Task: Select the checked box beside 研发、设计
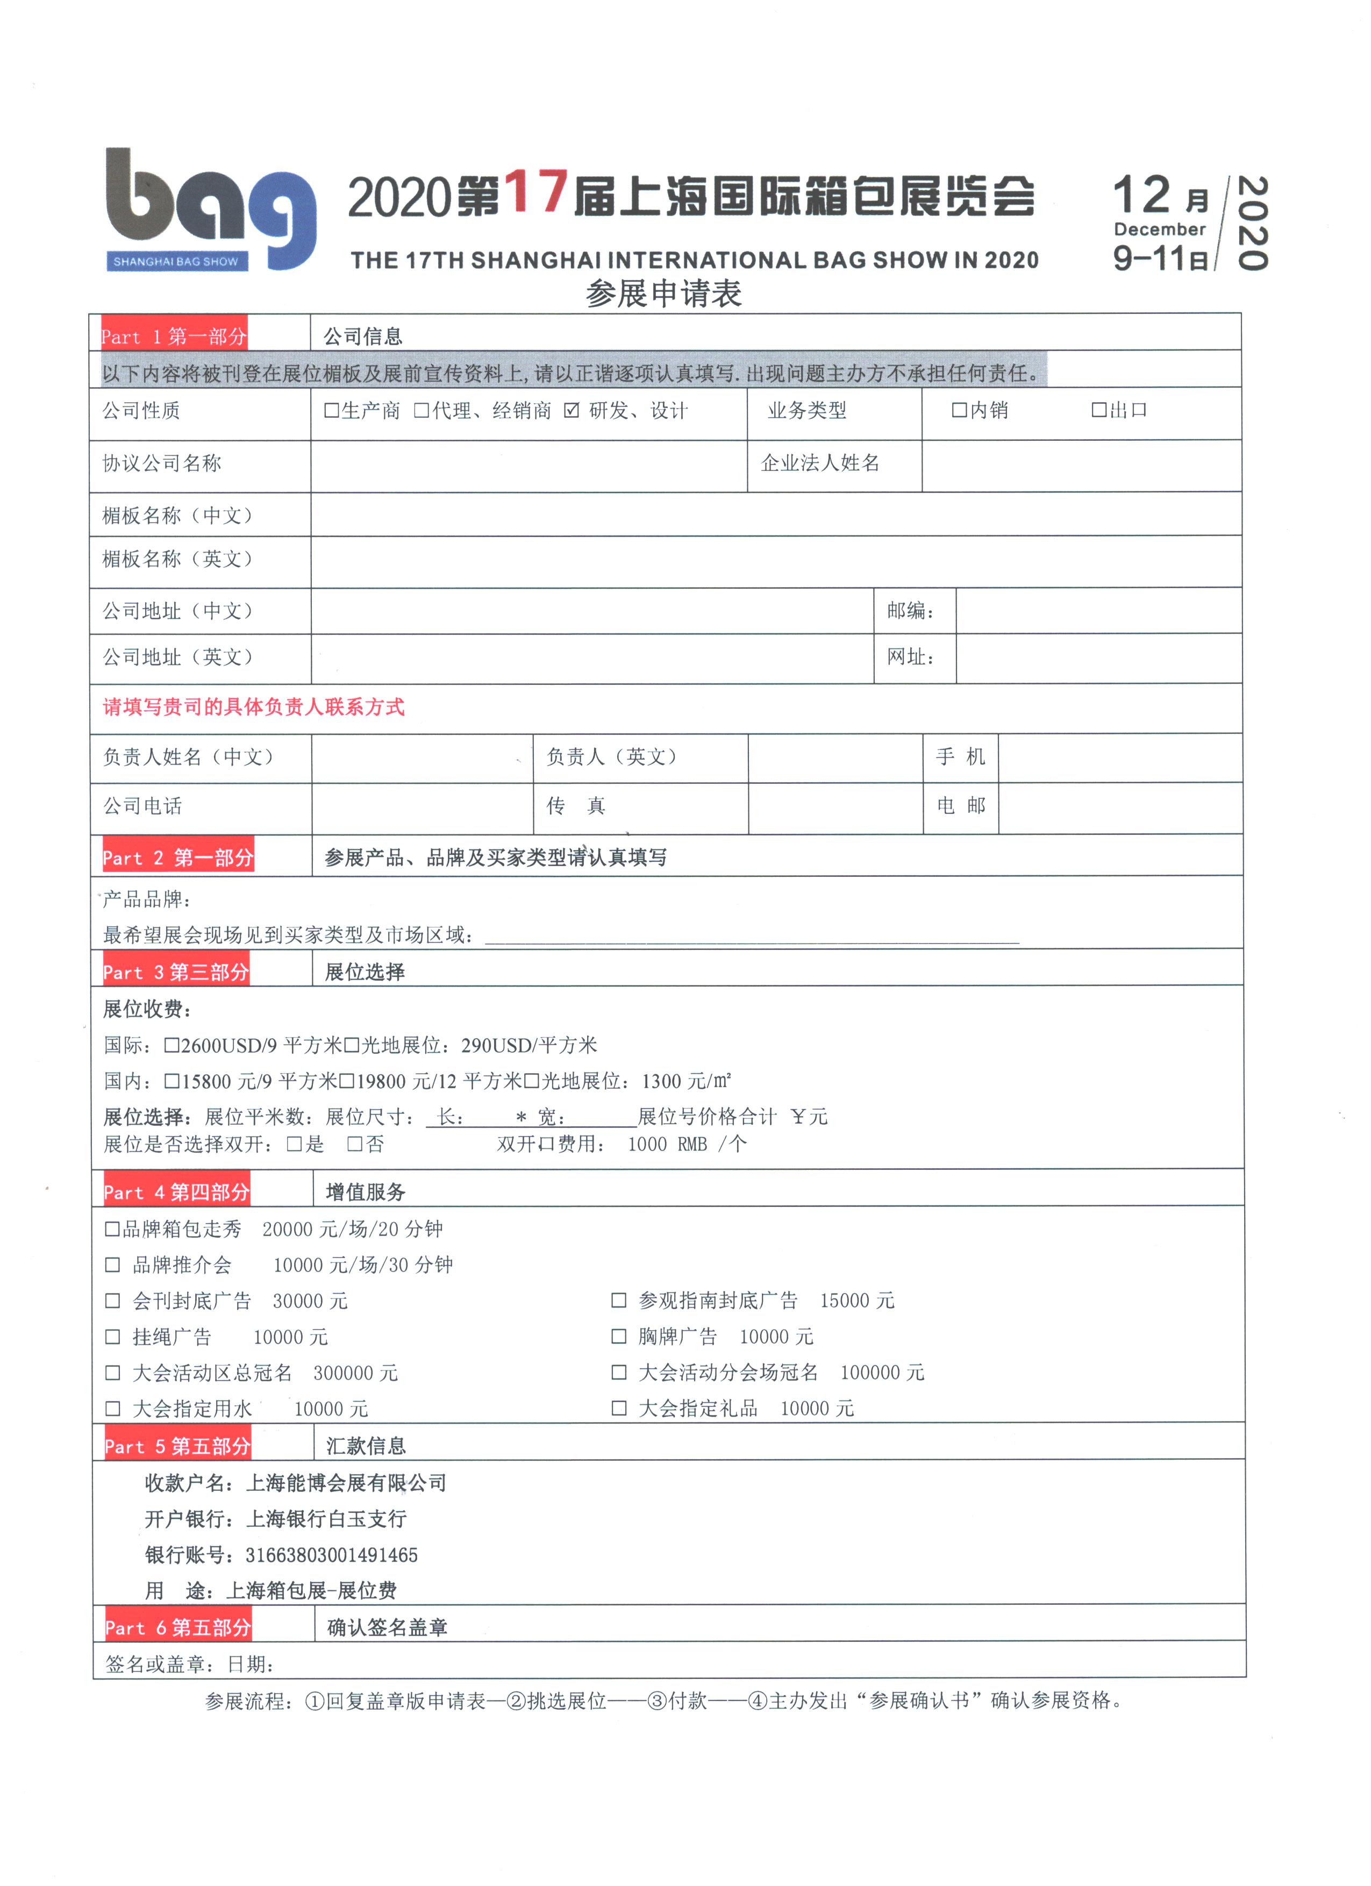pos(571,410)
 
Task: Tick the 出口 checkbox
pos(1098,410)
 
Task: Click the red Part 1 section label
pos(174,335)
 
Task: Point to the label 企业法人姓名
pos(820,463)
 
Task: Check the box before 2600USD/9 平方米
pos(172,1045)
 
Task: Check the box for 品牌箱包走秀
pos(112,1229)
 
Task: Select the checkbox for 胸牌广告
pos(619,1337)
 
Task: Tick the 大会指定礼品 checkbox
pos(619,1408)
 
